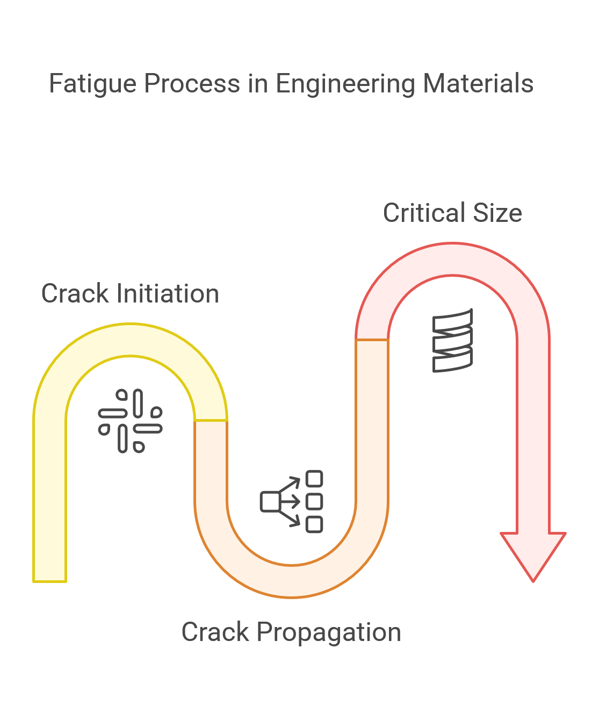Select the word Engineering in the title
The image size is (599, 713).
click(346, 84)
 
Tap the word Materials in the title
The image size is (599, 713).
click(478, 84)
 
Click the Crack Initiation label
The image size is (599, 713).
click(130, 294)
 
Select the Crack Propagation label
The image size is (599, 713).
click(291, 632)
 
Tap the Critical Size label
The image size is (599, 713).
click(452, 213)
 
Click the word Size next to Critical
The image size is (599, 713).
click(497, 213)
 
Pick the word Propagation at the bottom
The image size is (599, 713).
click(329, 632)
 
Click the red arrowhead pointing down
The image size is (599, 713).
click(533, 553)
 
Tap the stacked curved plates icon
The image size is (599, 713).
click(452, 340)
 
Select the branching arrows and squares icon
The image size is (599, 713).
click(292, 501)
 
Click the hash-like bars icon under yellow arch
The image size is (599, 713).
click(130, 421)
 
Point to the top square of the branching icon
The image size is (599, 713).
click(314, 479)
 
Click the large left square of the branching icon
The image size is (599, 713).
click(270, 501)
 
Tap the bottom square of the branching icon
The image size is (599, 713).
click(314, 524)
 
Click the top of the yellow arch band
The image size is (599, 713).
click(130, 340)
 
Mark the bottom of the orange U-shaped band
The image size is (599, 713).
click(291, 581)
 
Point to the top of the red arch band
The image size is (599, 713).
click(452, 259)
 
